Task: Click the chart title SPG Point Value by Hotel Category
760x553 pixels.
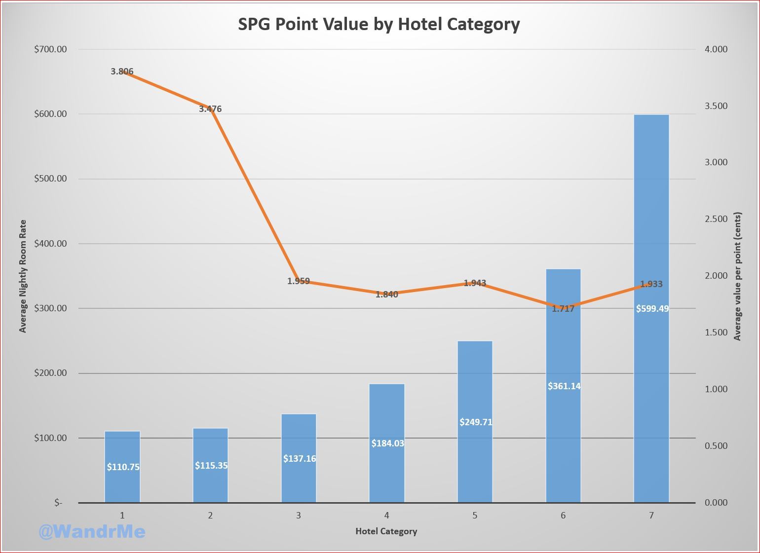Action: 379,24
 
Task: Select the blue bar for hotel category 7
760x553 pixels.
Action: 651,222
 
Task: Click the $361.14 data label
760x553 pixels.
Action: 564,386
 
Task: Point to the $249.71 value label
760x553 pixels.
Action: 476,422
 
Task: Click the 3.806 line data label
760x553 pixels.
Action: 122,72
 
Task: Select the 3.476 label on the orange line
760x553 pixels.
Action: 210,109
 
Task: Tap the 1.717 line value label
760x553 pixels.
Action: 563,309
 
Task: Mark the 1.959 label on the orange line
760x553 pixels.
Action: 299,281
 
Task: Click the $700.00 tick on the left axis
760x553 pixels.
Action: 50,49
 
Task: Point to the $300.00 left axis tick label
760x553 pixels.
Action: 50,308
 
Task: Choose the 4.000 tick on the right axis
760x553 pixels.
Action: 716,49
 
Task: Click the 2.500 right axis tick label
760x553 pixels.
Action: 716,219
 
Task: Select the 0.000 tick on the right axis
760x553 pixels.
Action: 716,503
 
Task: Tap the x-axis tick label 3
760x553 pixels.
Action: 299,516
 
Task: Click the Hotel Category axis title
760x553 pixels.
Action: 386,531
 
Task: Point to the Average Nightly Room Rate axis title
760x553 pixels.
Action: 23,276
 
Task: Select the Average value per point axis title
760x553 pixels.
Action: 738,276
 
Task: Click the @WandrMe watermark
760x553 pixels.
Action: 92,531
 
